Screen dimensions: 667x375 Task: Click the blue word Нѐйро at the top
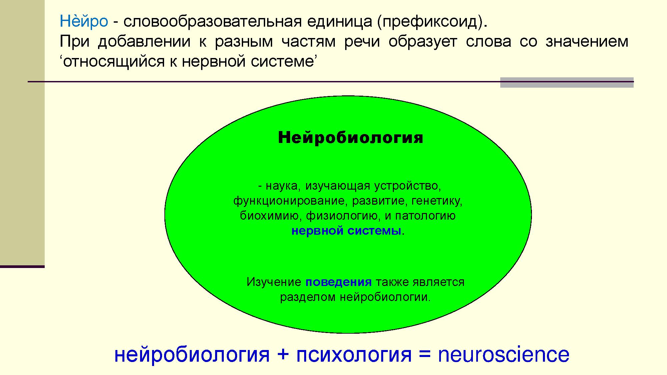84,22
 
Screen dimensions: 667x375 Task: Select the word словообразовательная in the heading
212,22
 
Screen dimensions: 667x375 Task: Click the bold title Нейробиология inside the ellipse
351,138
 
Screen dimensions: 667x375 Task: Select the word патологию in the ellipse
426,216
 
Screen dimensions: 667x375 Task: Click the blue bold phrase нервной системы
346,231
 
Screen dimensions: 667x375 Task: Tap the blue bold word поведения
339,282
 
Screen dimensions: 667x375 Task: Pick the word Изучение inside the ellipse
274,282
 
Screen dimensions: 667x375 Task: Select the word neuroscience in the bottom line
504,354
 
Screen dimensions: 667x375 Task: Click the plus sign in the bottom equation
282,355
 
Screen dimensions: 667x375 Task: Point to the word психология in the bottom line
354,355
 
